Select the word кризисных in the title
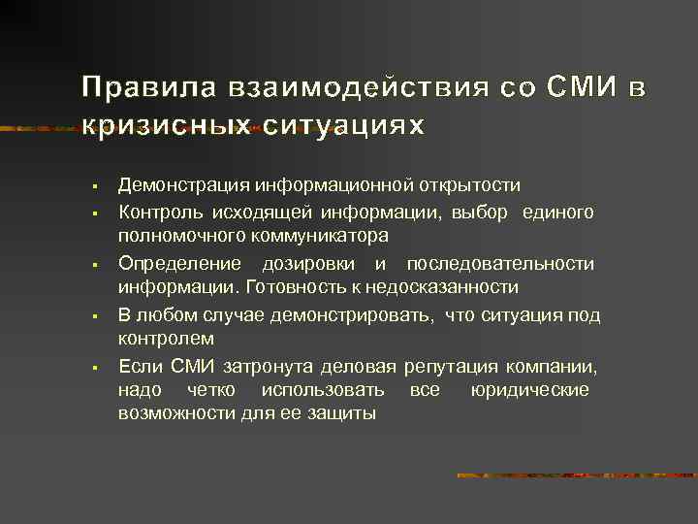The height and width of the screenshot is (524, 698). [166, 127]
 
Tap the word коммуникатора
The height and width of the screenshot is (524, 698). [325, 236]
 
